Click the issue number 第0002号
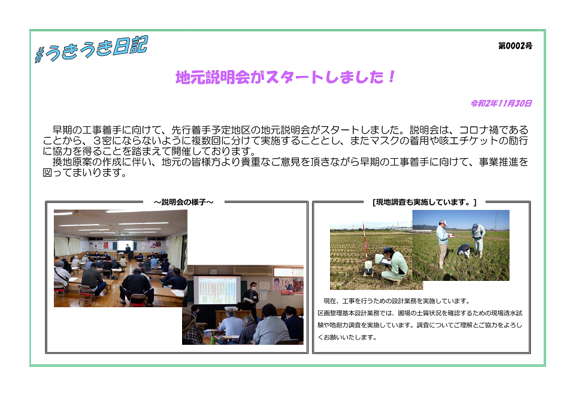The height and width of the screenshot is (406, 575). point(515,46)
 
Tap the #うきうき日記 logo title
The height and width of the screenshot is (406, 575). point(91,50)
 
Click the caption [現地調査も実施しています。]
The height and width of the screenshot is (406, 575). point(425,202)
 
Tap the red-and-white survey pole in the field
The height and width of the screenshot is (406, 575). point(363,246)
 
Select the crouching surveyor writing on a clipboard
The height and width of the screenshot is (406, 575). point(395,265)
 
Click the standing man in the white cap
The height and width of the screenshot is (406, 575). point(443,243)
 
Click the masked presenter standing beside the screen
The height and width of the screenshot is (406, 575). point(252,299)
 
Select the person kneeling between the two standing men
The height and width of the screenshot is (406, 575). point(464,250)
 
